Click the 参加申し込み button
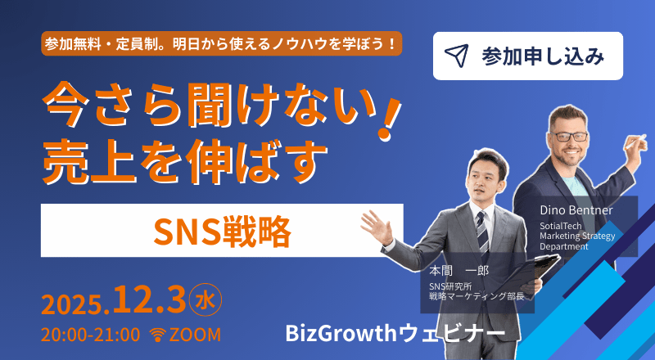527,56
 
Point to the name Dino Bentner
576,210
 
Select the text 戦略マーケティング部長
477,297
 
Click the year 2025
72,304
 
